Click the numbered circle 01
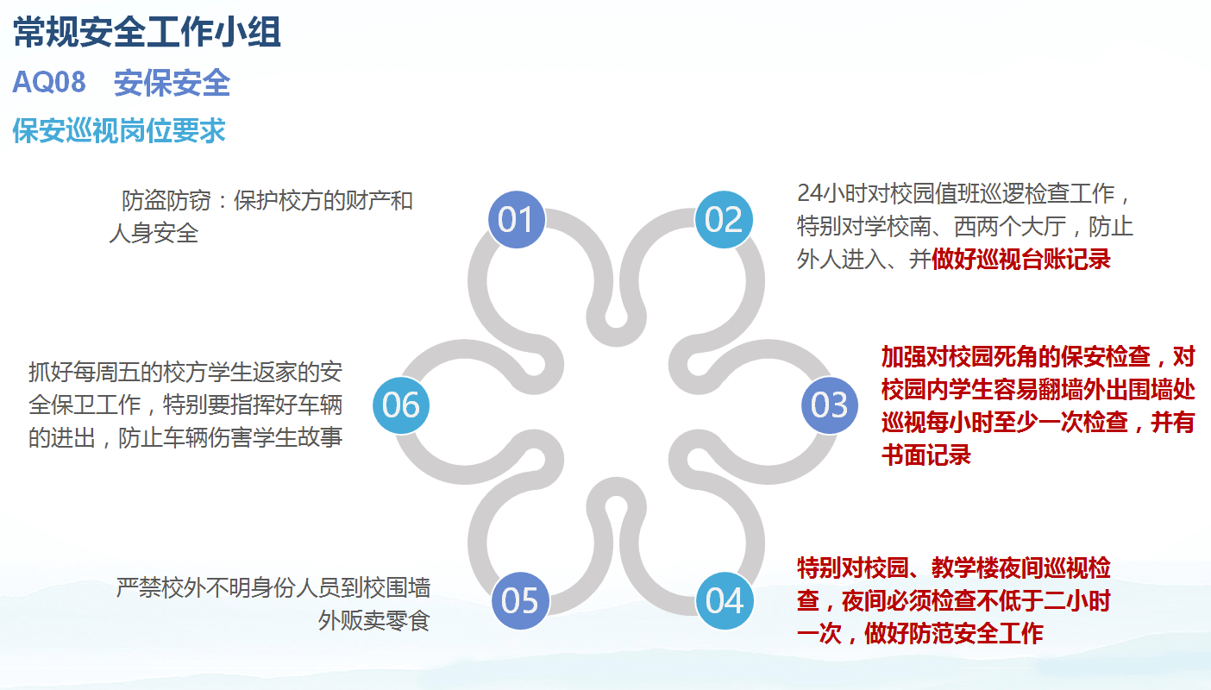(517, 219)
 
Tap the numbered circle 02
(724, 219)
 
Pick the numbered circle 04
(725, 600)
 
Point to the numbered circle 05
(520, 600)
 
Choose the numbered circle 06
(401, 405)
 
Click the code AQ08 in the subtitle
(49, 83)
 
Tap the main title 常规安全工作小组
(147, 33)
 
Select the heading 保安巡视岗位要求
(119, 130)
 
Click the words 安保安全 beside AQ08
(173, 83)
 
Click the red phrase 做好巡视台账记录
(1021, 259)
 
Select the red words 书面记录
(926, 455)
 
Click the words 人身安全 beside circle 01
(154, 234)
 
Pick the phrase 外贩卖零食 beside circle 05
(373, 620)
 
